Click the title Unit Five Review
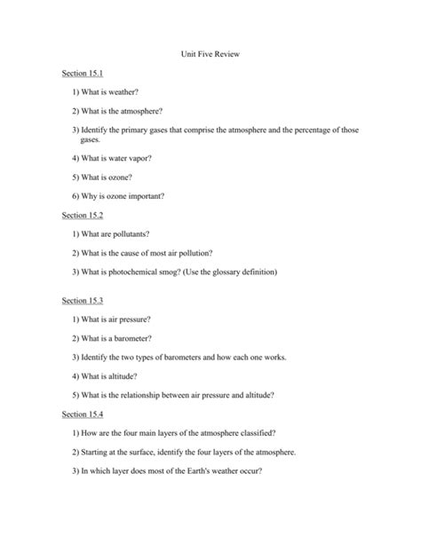pos(210,54)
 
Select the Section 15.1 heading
pos(83,73)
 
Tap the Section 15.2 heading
pos(83,215)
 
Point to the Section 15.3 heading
pos(83,301)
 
